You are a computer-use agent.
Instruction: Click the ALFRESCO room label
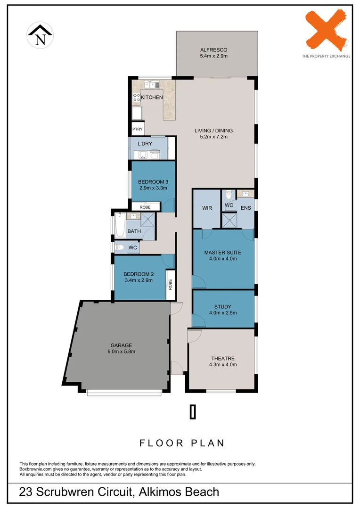coord(213,49)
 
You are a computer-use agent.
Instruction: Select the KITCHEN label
coord(152,98)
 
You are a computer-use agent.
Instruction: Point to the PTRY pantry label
coord(137,129)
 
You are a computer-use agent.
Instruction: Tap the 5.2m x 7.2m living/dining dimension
coord(213,137)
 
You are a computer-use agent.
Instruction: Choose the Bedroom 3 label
coord(153,181)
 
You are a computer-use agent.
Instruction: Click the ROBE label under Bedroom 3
coord(145,206)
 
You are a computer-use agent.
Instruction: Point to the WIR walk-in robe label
coord(206,208)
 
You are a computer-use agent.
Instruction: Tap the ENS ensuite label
coord(245,208)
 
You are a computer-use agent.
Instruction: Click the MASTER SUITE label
coord(223,252)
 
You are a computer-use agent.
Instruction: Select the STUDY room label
coord(223,306)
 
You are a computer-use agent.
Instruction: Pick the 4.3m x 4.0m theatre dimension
coord(223,364)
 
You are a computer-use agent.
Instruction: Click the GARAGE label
coord(122,345)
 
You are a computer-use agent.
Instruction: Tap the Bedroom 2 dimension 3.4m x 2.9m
coord(139,280)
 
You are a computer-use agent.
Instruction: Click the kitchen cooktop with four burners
coord(137,98)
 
